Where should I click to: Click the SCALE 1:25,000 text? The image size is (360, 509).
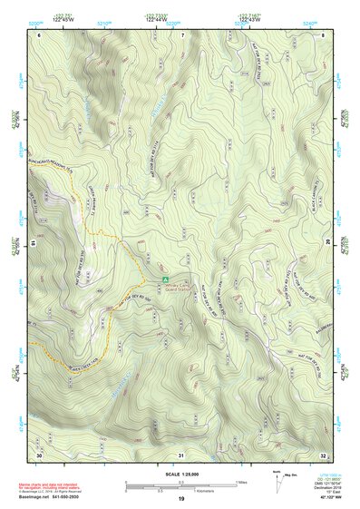click(x=180, y=472)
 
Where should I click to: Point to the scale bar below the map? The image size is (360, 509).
click(x=180, y=486)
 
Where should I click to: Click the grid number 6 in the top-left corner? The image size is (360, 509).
click(x=39, y=34)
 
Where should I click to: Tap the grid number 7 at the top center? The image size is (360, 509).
click(x=181, y=34)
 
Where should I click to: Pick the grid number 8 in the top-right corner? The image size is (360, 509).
click(x=324, y=34)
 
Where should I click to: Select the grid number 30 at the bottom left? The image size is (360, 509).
click(x=39, y=453)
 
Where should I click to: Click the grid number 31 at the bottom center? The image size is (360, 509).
click(x=181, y=453)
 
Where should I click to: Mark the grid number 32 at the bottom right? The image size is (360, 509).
click(x=324, y=453)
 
